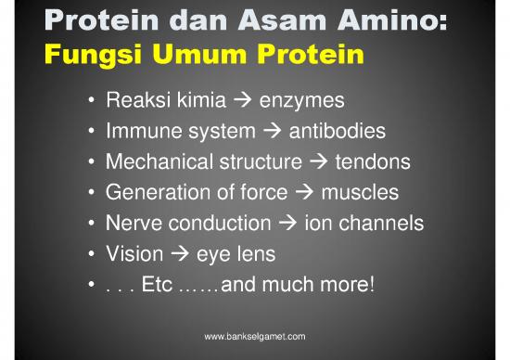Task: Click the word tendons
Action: (372, 162)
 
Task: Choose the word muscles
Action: (360, 193)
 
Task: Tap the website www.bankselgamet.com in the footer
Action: (254, 336)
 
